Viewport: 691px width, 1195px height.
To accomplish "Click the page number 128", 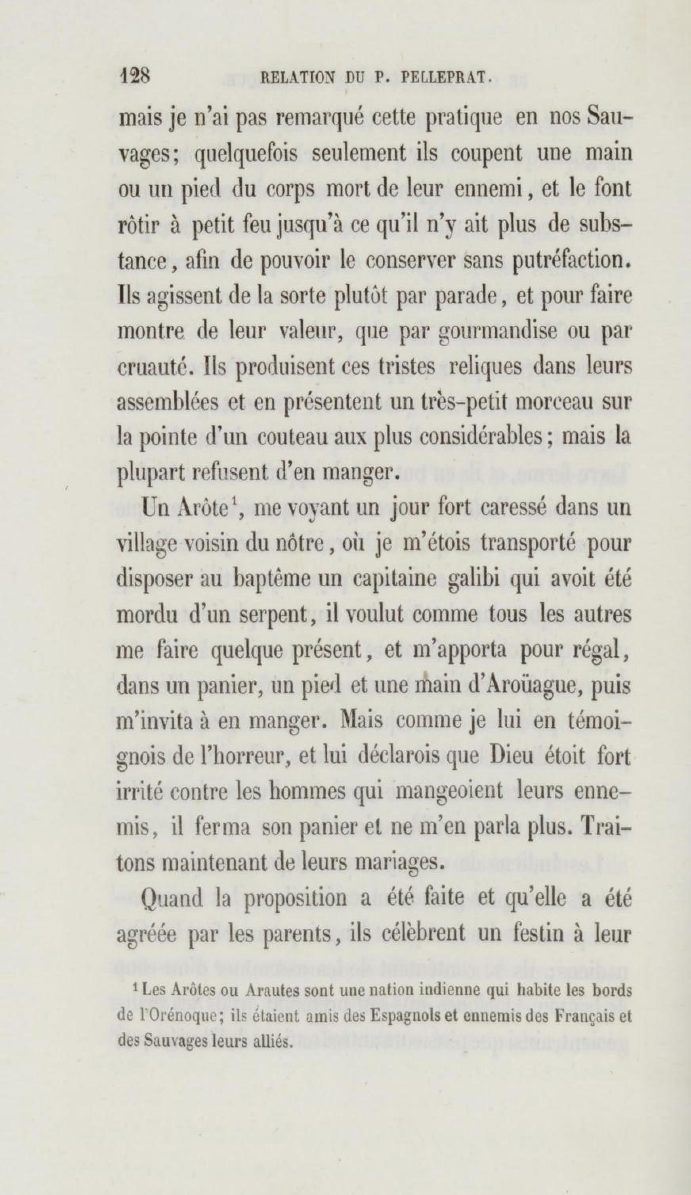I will click(x=136, y=75).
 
